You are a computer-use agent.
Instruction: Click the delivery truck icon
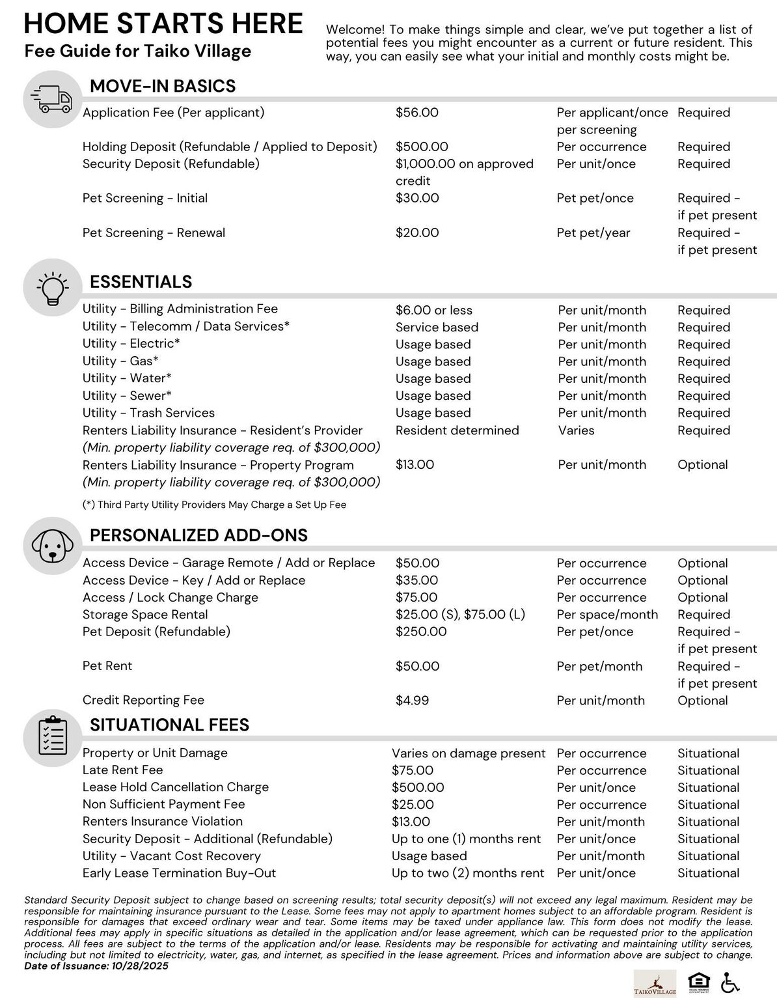click(x=51, y=99)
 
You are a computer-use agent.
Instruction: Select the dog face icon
click(x=51, y=546)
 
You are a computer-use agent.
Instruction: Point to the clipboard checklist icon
click(x=51, y=736)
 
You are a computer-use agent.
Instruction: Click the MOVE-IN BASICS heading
click(x=163, y=86)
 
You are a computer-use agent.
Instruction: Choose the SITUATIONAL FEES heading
click(x=169, y=725)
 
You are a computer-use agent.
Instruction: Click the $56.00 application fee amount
click(x=417, y=113)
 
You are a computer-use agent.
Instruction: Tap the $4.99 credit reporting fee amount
click(x=412, y=701)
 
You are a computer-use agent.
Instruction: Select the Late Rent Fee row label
click(x=123, y=770)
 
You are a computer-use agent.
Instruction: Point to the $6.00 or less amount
click(x=434, y=311)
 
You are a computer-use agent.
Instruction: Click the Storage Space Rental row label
click(x=145, y=615)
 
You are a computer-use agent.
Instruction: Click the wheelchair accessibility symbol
click(x=730, y=983)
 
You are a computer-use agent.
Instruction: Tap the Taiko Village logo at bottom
click(x=655, y=983)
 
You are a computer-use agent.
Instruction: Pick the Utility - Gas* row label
click(x=120, y=361)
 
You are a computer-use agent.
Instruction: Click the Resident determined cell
click(x=457, y=430)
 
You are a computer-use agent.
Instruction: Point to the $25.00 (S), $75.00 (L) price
click(x=460, y=615)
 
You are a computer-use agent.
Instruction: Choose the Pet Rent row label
click(x=107, y=666)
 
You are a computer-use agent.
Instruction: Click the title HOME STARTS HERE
click(x=163, y=23)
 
